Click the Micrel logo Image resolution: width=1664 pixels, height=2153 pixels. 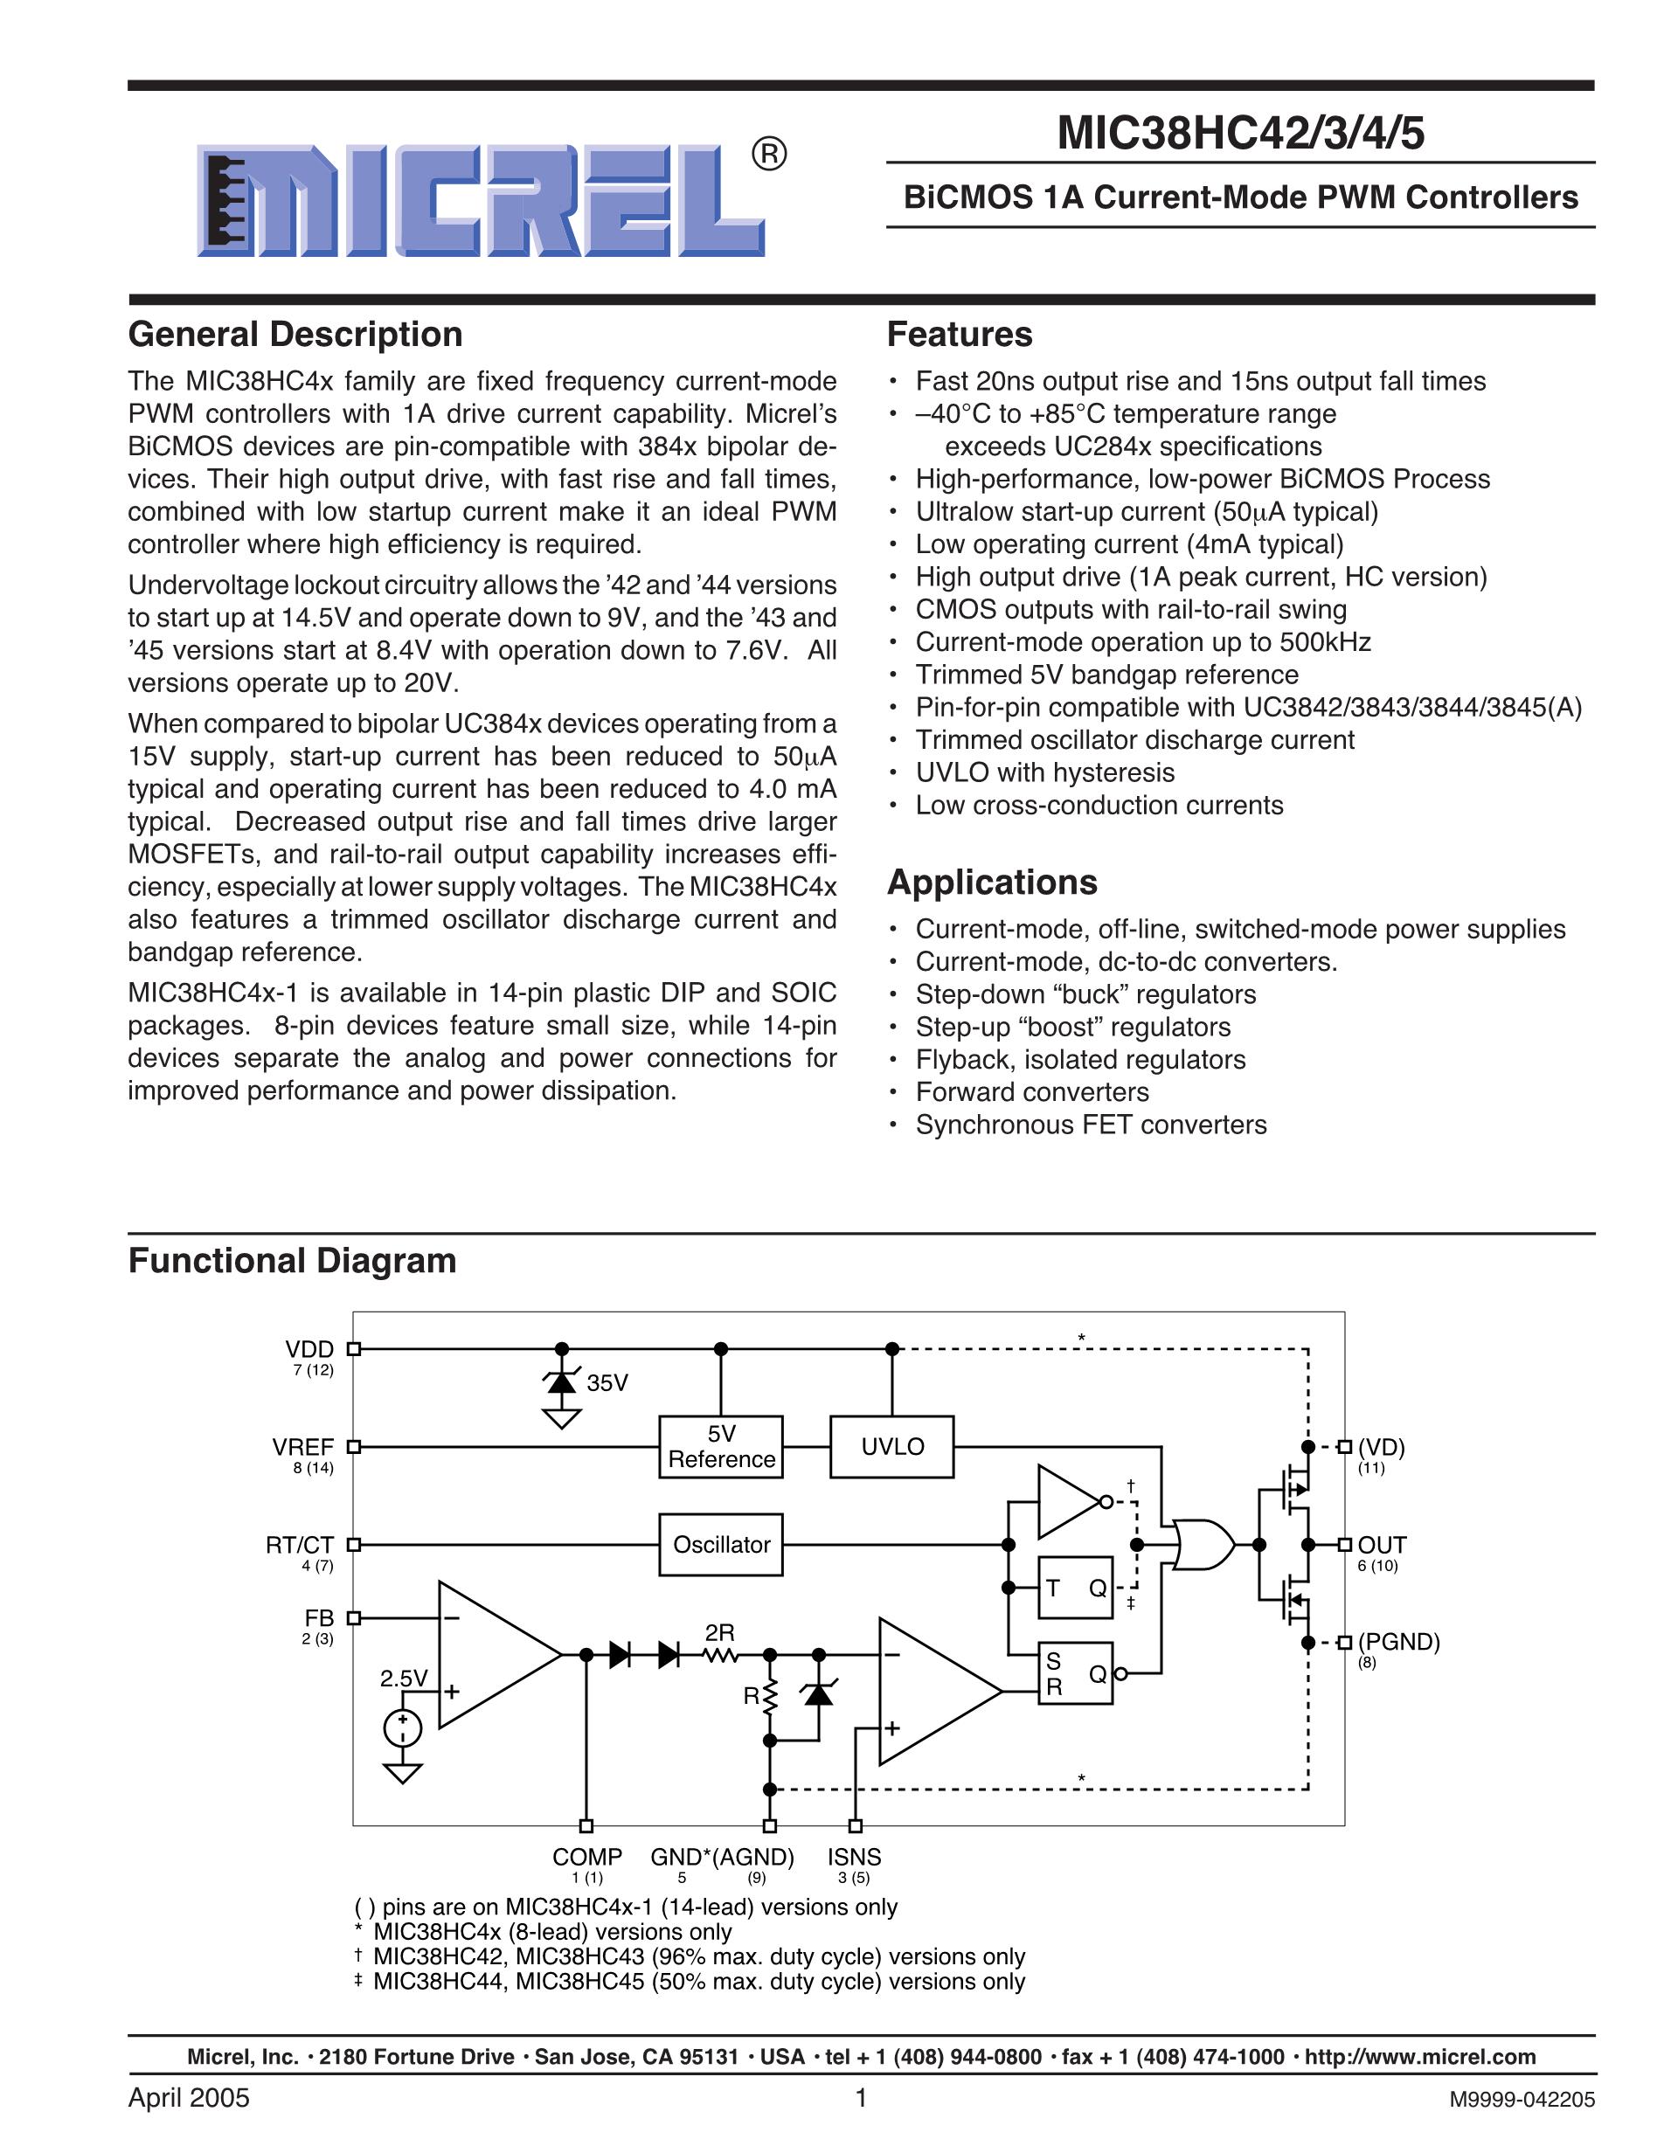(x=481, y=201)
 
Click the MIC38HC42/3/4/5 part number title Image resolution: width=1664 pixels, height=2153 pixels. (x=1240, y=133)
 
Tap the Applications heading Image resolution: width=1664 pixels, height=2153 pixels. (x=992, y=883)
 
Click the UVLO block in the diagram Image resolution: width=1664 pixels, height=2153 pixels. (x=892, y=1447)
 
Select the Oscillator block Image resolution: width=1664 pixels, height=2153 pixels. (x=722, y=1545)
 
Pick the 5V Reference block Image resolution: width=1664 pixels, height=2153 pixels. (x=722, y=1447)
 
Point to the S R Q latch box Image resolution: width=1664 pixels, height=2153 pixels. (x=1074, y=1674)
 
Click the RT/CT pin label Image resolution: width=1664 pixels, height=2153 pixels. (x=300, y=1545)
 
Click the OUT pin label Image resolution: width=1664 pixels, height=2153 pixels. (x=1382, y=1545)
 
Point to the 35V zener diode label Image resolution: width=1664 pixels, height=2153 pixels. (x=607, y=1383)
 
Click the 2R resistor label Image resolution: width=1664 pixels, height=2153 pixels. (x=719, y=1633)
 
